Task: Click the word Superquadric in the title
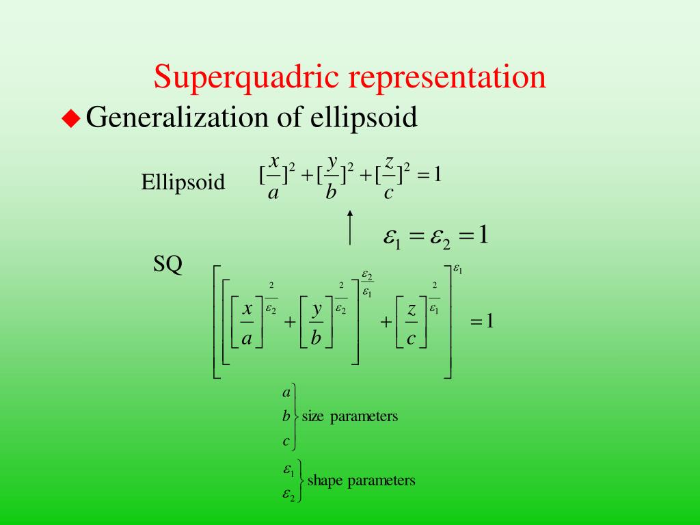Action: (x=245, y=77)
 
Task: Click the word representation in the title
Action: (x=448, y=77)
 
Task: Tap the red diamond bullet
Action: (x=70, y=119)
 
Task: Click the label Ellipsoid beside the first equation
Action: (x=183, y=183)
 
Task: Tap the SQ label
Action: (x=167, y=264)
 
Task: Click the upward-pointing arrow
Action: (x=350, y=226)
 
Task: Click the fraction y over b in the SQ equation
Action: (x=317, y=323)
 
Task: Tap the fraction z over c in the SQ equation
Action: (x=412, y=323)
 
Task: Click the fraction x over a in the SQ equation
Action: (x=247, y=323)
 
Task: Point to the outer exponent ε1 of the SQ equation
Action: (x=459, y=270)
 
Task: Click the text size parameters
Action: (x=349, y=416)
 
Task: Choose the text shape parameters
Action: (x=361, y=481)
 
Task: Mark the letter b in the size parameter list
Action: (x=286, y=416)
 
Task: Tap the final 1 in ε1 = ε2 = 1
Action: (x=483, y=236)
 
